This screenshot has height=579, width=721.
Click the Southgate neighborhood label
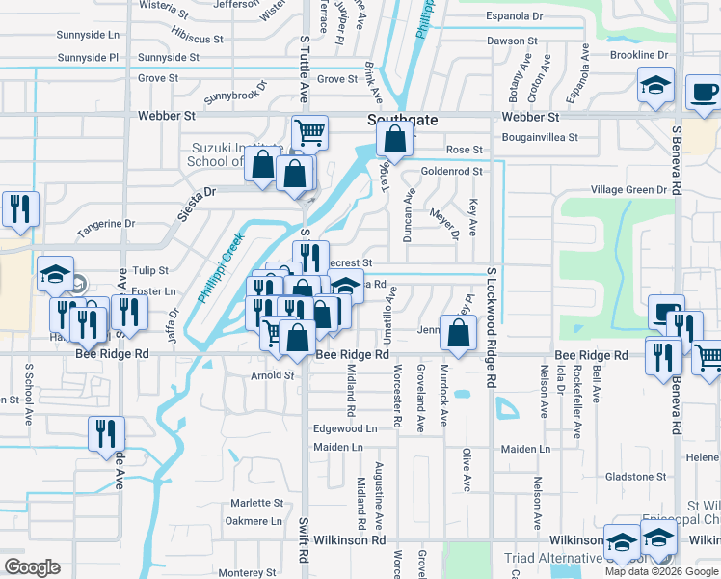[403, 120]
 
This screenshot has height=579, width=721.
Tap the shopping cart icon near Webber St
[309, 132]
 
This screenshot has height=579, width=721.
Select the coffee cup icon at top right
[703, 93]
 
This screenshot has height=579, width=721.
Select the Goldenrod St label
[450, 171]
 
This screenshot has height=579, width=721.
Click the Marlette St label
[257, 503]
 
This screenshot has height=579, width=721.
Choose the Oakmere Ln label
[254, 521]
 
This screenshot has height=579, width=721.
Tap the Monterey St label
[249, 573]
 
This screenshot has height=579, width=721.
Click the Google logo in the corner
[33, 567]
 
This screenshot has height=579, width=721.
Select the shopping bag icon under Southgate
[394, 141]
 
